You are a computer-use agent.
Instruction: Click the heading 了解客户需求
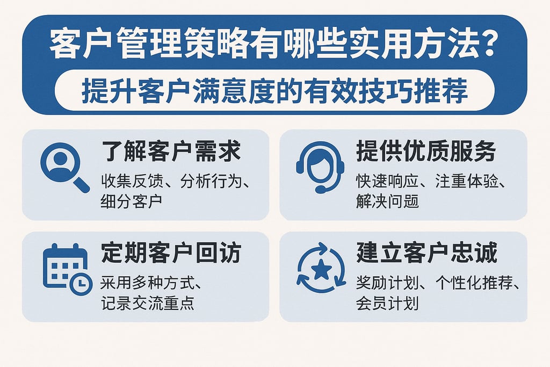(171, 152)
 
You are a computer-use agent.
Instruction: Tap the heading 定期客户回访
(171, 253)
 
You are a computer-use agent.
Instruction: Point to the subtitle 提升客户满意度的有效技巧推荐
(274, 92)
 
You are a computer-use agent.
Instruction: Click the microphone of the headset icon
(321, 189)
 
